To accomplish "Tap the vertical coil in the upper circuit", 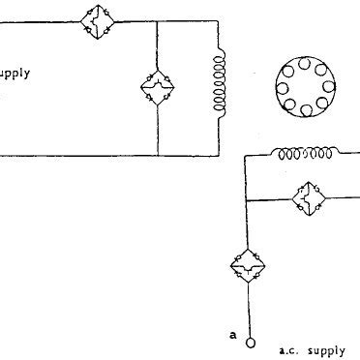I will (217, 84).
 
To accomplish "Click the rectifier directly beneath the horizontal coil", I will (310, 198).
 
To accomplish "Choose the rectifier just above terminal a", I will (250, 264).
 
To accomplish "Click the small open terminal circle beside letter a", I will (250, 341).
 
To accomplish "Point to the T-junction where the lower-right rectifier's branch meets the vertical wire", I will (250, 198).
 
